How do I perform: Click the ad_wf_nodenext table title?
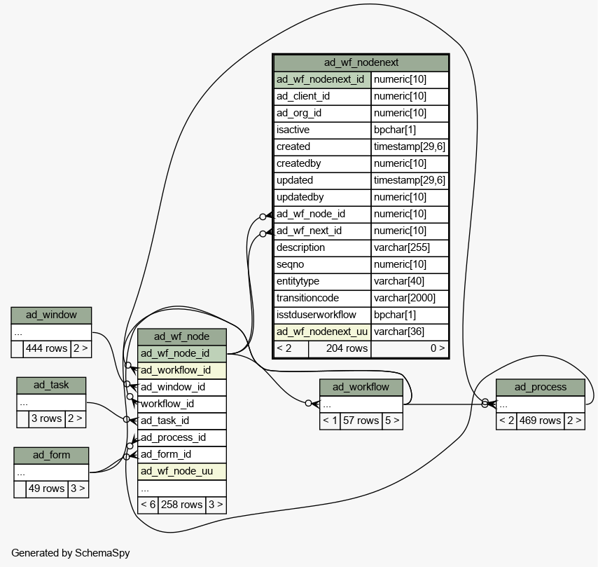pos(361,62)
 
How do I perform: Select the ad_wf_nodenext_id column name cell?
pos(322,79)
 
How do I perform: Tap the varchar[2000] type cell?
pos(410,298)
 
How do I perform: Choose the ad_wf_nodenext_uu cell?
pos(322,332)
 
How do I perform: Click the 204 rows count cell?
pos(340,348)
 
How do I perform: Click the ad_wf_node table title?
pos(182,336)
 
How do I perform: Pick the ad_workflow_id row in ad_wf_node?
pos(182,370)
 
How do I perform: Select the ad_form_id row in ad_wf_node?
pos(182,454)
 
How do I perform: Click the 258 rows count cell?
pos(182,505)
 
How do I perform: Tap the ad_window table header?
pos(51,315)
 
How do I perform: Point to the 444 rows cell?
pos(47,348)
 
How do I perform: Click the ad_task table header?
pos(51,385)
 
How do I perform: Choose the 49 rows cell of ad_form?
pos(47,489)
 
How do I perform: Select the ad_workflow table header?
pos(361,388)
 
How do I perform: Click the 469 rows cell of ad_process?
pos(541,421)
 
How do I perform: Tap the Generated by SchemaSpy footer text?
pos(71,553)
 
